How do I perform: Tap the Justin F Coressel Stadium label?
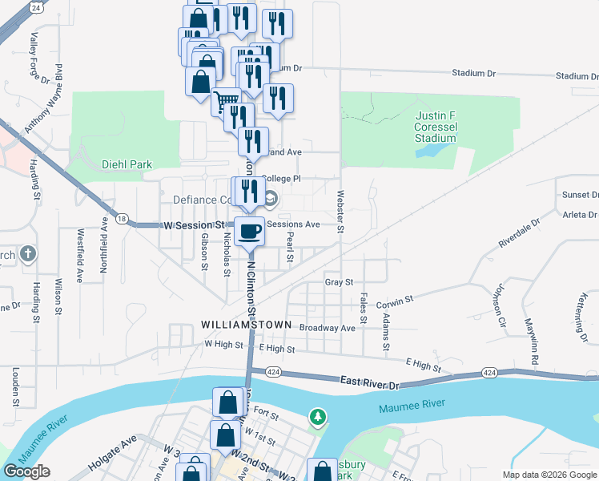(x=435, y=127)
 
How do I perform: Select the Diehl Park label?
(x=127, y=164)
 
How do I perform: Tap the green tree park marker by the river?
(x=318, y=417)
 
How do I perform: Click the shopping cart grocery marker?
(x=228, y=102)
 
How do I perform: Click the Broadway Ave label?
(x=327, y=328)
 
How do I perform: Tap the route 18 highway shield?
(x=121, y=218)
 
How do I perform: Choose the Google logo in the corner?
(x=26, y=471)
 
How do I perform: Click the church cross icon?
(x=26, y=255)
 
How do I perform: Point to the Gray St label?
(x=339, y=282)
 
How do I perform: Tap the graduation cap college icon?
(x=271, y=198)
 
